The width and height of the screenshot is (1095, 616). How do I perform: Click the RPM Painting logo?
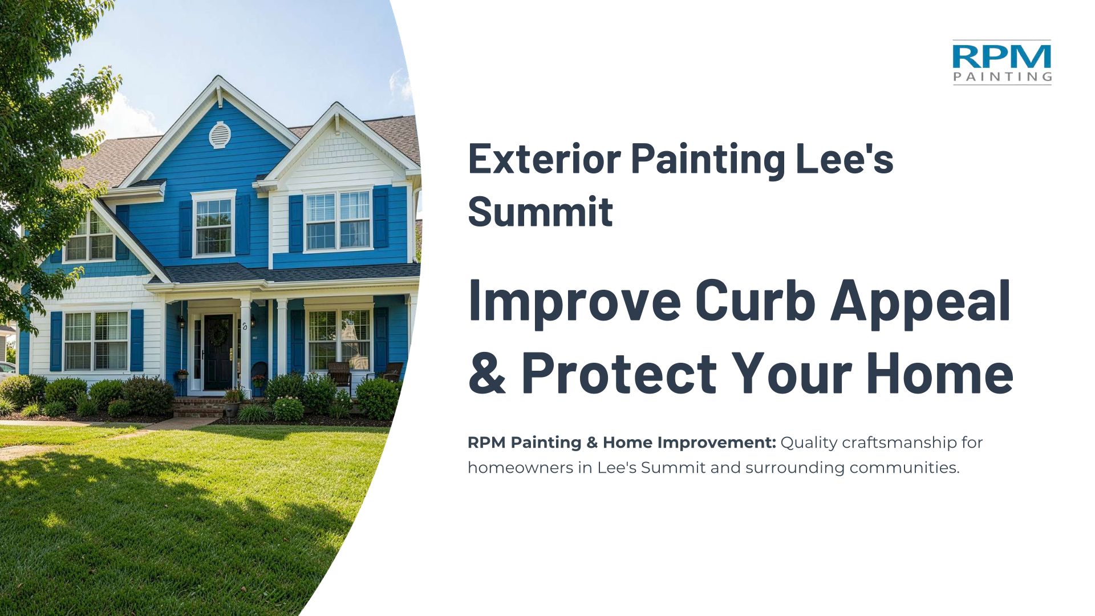pyautogui.click(x=1002, y=62)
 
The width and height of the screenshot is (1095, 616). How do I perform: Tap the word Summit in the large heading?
pyautogui.click(x=540, y=212)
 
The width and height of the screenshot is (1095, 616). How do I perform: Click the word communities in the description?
pyautogui.click(x=904, y=468)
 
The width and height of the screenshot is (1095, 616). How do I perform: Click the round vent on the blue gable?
pyautogui.click(x=220, y=135)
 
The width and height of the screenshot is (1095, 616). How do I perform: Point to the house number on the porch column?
pyautogui.click(x=245, y=326)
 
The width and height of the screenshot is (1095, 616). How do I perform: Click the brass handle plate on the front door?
pyautogui.click(x=231, y=355)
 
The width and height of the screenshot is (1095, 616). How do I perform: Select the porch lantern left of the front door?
pyautogui.click(x=182, y=322)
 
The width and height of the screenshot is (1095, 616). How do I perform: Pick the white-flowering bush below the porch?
pyautogui.click(x=288, y=408)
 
